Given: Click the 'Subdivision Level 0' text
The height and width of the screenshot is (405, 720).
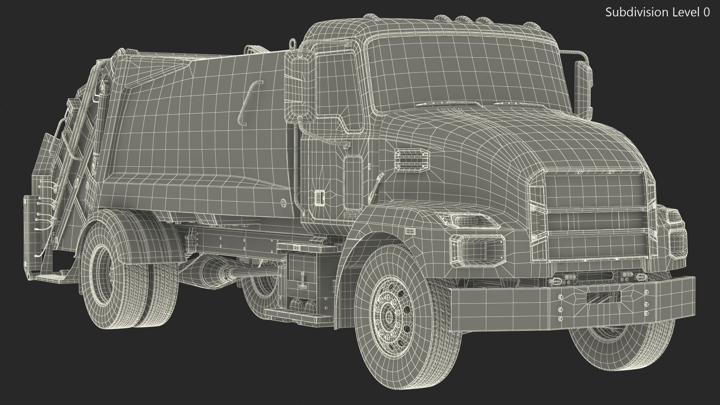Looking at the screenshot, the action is coord(657,12).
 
